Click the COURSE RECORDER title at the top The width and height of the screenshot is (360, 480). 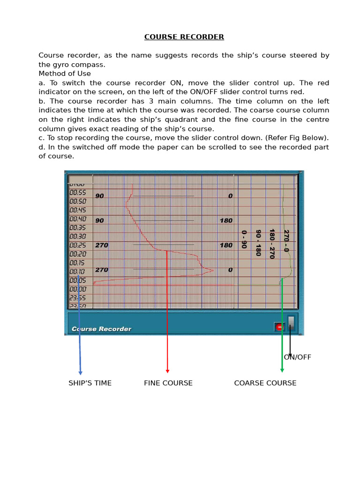click(184, 37)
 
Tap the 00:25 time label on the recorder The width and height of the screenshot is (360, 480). click(78, 245)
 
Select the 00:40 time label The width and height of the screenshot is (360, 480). click(78, 219)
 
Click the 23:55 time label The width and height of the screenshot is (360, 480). click(78, 298)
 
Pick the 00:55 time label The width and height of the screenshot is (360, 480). click(78, 193)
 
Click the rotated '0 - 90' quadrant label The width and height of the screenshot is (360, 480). click(244, 239)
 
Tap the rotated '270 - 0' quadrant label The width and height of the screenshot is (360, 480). click(286, 240)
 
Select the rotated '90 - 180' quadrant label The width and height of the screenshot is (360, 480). click(258, 242)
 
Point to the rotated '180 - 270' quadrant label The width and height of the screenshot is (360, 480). click(272, 244)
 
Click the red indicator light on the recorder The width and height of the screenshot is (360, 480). click(279, 327)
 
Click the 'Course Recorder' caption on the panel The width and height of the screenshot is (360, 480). click(101, 329)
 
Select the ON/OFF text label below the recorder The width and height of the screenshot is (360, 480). click(298, 357)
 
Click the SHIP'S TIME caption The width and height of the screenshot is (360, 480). click(90, 383)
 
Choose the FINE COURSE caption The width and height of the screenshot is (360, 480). click(168, 383)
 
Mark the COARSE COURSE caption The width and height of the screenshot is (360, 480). click(265, 383)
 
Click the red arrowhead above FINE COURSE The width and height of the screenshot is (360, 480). click(167, 371)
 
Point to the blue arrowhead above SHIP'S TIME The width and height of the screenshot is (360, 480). click(81, 373)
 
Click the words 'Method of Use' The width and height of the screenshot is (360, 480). click(65, 74)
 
